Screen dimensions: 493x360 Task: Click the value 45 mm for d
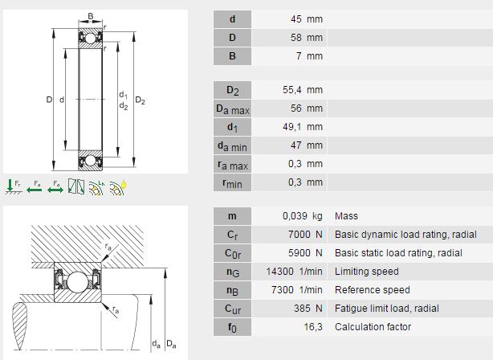[x=307, y=19]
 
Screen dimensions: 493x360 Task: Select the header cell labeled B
[x=232, y=56]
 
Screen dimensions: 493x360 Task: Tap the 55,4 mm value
[x=303, y=90]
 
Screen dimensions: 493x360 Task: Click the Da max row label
[x=232, y=108]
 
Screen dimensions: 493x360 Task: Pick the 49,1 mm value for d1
[x=303, y=127]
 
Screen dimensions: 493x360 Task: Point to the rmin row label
[x=232, y=183]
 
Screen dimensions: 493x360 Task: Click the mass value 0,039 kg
[x=303, y=216]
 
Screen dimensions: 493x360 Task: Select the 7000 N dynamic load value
[x=305, y=235]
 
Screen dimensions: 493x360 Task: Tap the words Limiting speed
[x=367, y=272]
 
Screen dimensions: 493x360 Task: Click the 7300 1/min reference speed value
[x=297, y=290]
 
